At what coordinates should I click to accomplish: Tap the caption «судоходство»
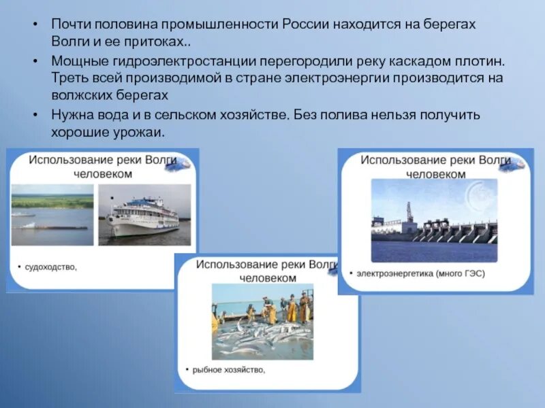[x=52, y=267]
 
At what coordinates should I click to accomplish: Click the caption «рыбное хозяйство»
[x=229, y=370]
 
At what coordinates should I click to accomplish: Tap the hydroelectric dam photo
[x=434, y=221]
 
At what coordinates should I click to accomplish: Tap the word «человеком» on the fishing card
[x=267, y=278]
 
